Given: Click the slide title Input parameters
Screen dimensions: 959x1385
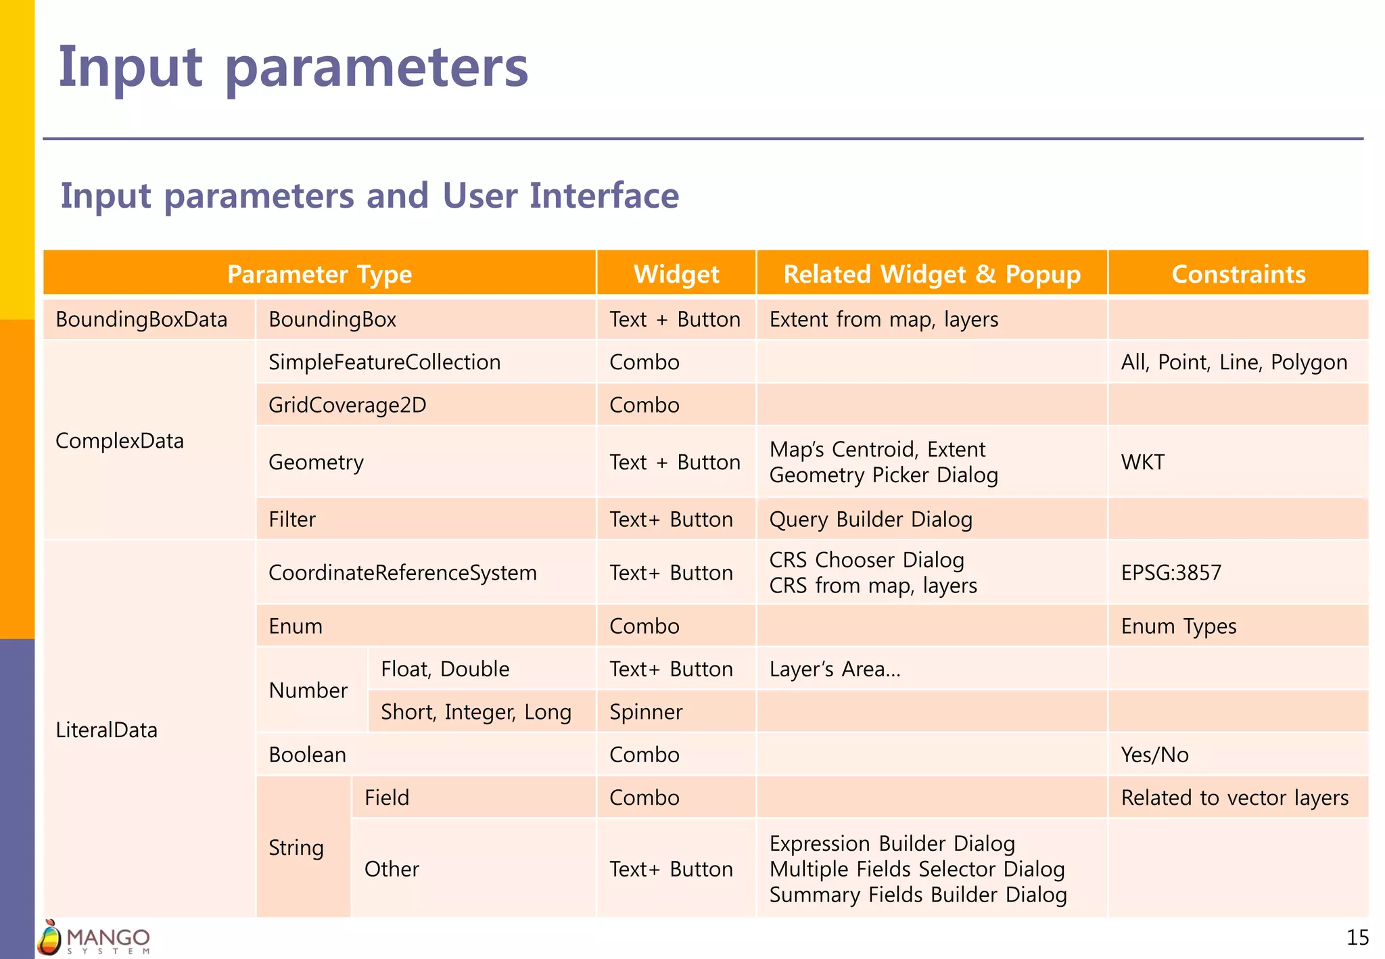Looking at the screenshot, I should [x=293, y=68].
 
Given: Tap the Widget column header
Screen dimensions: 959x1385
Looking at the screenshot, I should [x=676, y=274].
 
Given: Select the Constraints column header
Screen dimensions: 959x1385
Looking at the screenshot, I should [x=1238, y=274].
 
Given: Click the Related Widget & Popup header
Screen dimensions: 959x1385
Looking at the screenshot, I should [x=931, y=274].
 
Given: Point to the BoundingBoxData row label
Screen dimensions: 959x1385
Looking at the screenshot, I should [x=141, y=319].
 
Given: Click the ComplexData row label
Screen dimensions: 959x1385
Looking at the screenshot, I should [x=120, y=441].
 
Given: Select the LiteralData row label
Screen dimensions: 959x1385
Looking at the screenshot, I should [x=106, y=730].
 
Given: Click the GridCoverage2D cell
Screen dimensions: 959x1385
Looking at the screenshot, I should [x=347, y=405].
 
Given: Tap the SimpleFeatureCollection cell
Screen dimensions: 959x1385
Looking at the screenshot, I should [x=384, y=362].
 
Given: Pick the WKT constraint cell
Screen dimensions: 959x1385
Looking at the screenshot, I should [x=1142, y=462].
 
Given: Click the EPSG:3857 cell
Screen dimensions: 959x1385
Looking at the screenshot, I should [x=1171, y=573].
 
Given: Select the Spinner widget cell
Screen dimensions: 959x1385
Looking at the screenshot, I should [x=646, y=711].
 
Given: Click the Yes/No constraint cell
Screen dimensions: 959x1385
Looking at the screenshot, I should [x=1154, y=755].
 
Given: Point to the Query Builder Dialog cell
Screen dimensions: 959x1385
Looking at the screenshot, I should [x=870, y=519].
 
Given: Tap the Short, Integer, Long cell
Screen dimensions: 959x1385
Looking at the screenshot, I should [x=475, y=711].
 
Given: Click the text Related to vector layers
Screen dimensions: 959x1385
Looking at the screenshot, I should [x=1234, y=798].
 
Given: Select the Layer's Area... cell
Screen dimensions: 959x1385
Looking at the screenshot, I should [x=835, y=669].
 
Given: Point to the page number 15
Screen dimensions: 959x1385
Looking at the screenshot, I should [x=1357, y=937].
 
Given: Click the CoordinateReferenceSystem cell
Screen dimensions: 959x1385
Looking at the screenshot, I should [x=402, y=573].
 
